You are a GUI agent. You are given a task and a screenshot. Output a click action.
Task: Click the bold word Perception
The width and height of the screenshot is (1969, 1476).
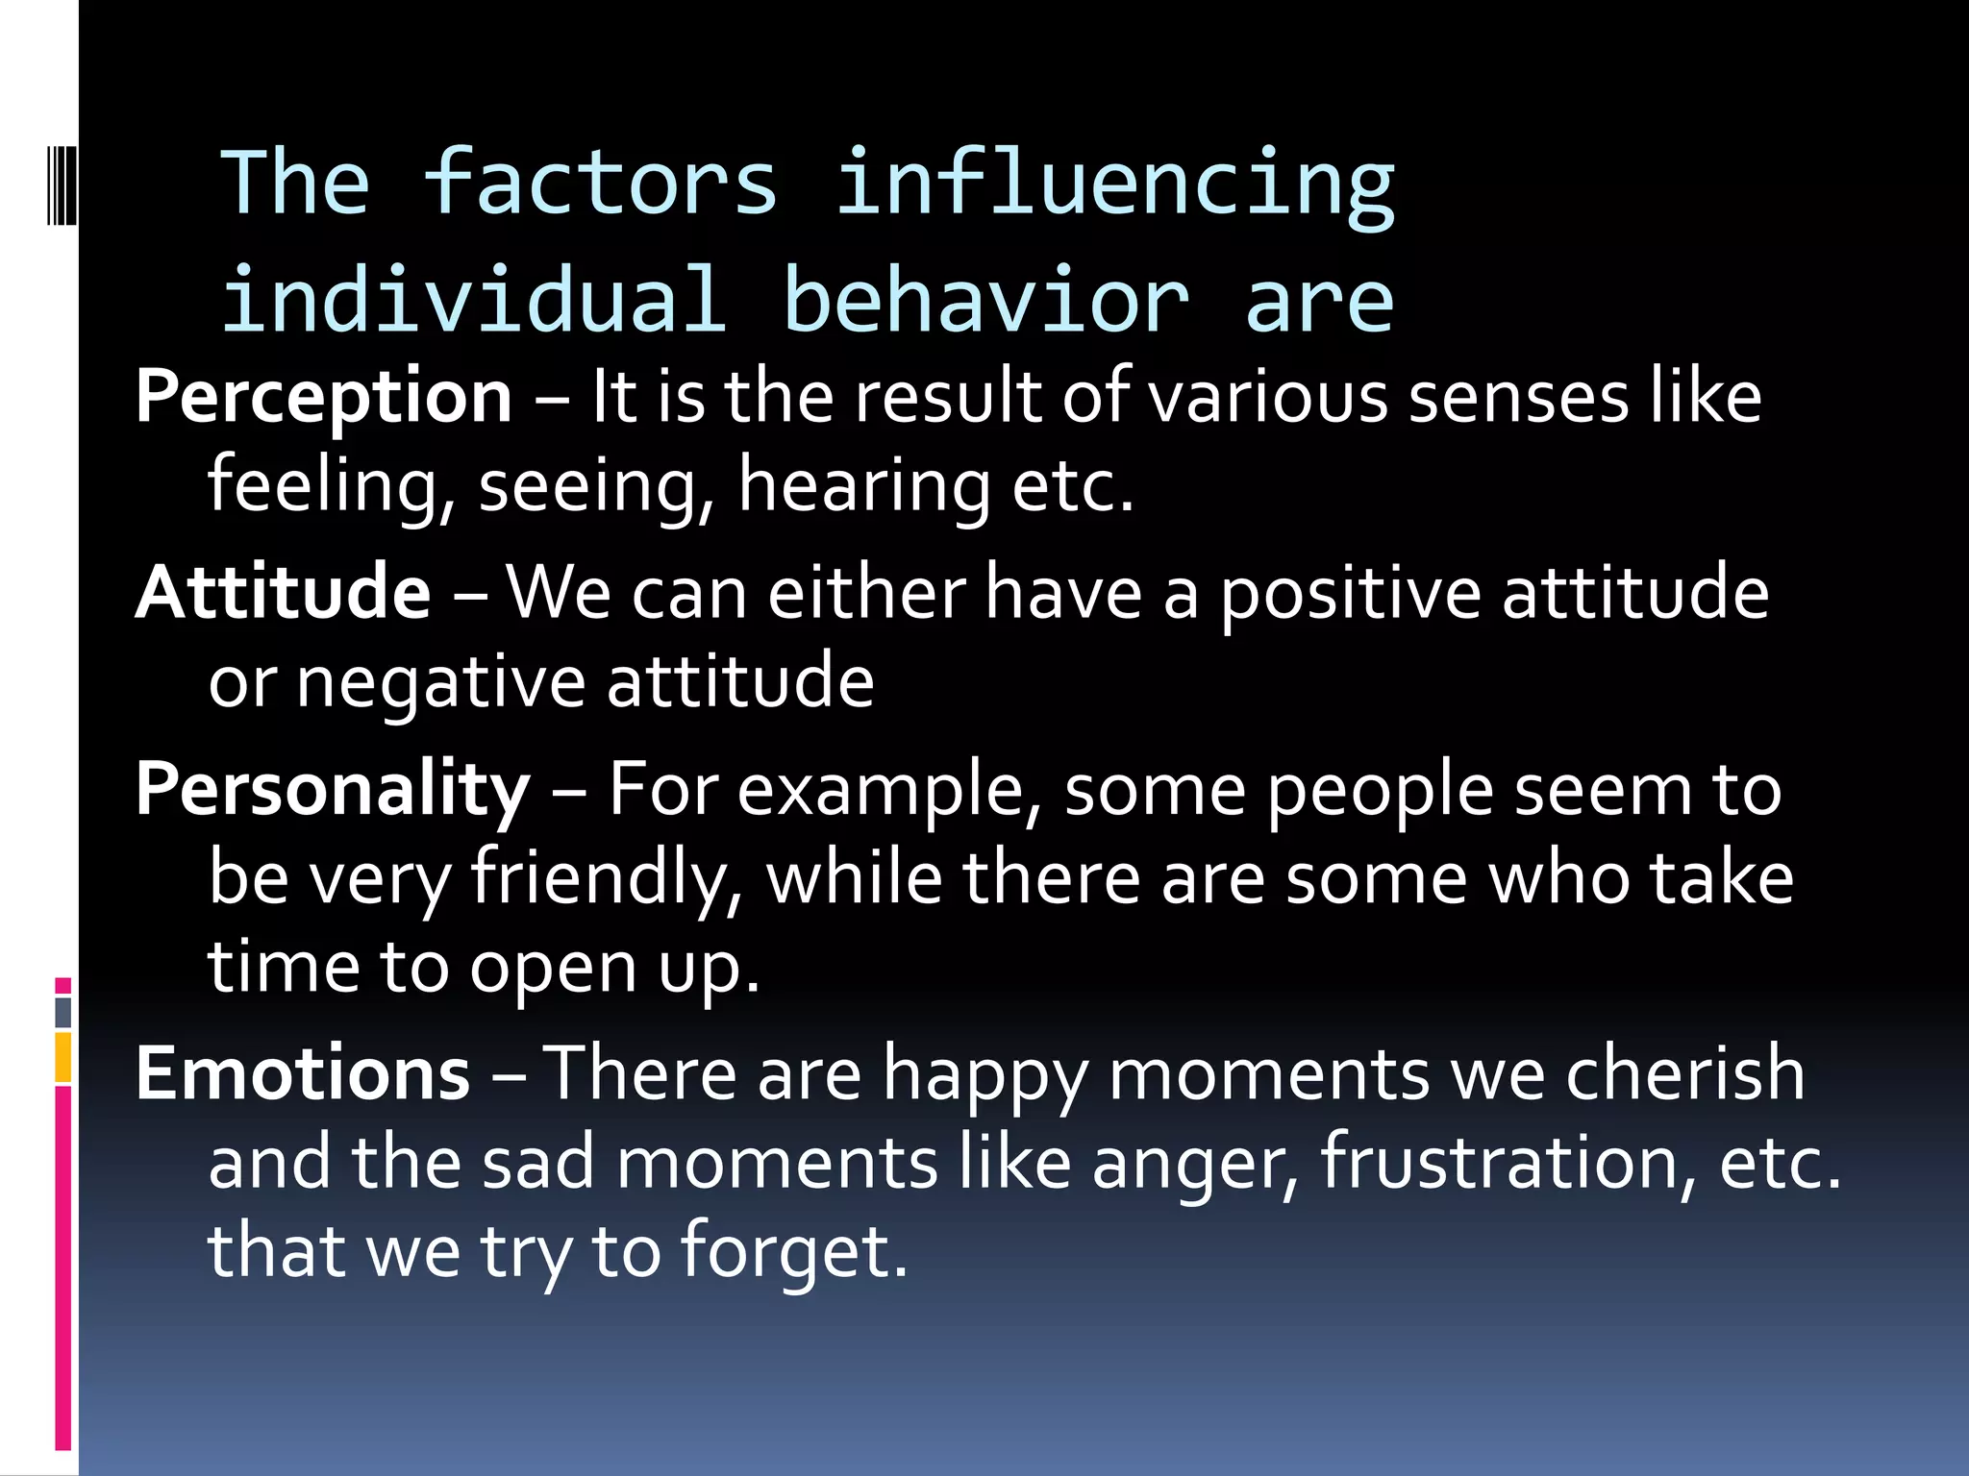click(324, 397)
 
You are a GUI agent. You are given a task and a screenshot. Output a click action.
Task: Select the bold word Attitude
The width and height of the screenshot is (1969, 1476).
click(283, 592)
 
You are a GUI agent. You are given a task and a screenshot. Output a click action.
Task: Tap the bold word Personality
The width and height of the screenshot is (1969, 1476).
click(333, 789)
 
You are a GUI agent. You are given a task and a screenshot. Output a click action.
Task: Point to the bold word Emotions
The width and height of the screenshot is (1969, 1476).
click(303, 1073)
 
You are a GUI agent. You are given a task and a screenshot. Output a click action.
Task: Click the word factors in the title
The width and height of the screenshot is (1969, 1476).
click(599, 183)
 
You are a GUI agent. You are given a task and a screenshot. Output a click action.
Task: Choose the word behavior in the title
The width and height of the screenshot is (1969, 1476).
click(985, 300)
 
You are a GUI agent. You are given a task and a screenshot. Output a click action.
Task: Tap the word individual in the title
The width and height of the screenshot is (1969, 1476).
click(473, 300)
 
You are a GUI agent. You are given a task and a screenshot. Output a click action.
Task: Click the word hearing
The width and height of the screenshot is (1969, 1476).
click(863, 487)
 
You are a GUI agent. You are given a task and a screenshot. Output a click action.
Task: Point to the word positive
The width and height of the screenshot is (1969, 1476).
click(1350, 594)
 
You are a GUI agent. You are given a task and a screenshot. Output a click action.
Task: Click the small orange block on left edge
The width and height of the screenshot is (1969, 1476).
click(63, 1058)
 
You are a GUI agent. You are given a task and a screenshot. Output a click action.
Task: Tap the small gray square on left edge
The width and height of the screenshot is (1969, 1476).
click(63, 1012)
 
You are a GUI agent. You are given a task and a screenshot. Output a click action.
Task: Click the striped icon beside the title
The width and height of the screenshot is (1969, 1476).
click(62, 183)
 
